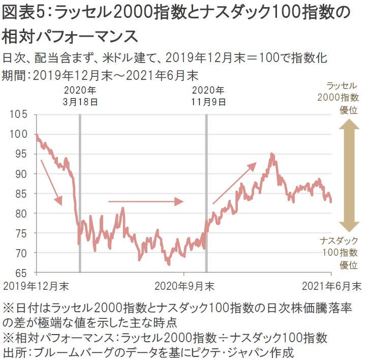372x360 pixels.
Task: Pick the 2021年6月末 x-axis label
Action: click(331, 286)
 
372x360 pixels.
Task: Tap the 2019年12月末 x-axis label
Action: click(36, 286)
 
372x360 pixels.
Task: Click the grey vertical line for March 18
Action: click(80, 193)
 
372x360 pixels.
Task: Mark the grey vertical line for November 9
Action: click(206, 193)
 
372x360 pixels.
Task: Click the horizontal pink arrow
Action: click(145, 201)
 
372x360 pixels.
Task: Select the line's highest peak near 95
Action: click(272, 154)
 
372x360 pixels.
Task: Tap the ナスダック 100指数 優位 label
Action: click(339, 252)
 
